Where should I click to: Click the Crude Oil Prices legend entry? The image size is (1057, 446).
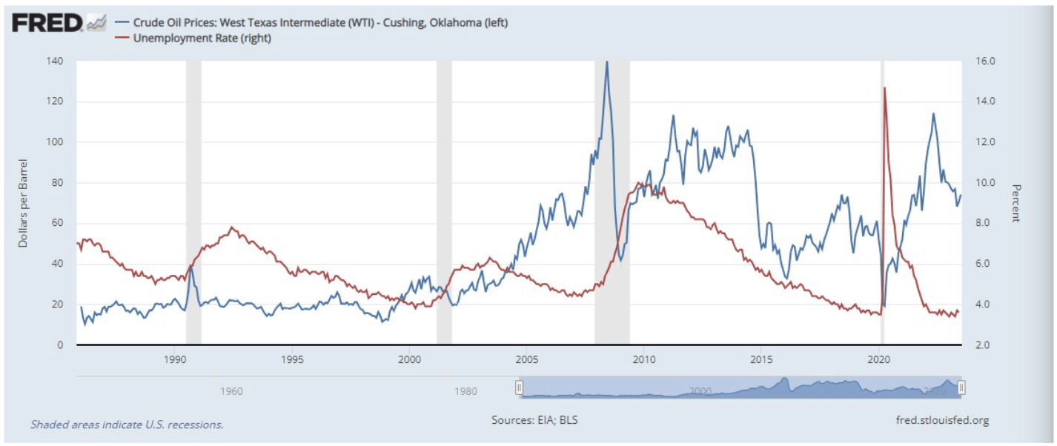click(319, 23)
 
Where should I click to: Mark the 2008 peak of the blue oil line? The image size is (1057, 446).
click(607, 63)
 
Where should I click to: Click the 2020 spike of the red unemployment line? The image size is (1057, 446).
click(884, 88)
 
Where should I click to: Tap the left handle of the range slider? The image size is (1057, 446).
click(520, 387)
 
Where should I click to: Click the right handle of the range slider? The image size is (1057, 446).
click(961, 387)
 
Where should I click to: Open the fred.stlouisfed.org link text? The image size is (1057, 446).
click(942, 420)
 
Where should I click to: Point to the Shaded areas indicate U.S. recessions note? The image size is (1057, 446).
click(127, 425)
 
